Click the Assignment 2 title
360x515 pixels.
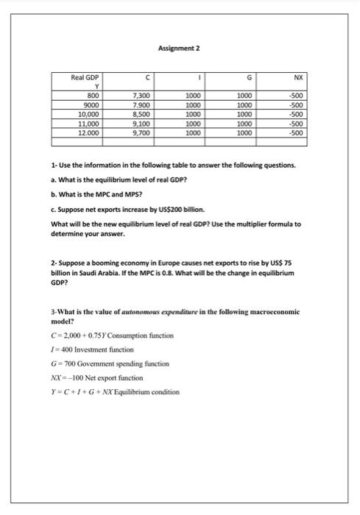coord(179,49)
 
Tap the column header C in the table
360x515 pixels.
coord(147,76)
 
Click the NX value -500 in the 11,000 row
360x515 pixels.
coord(296,124)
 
